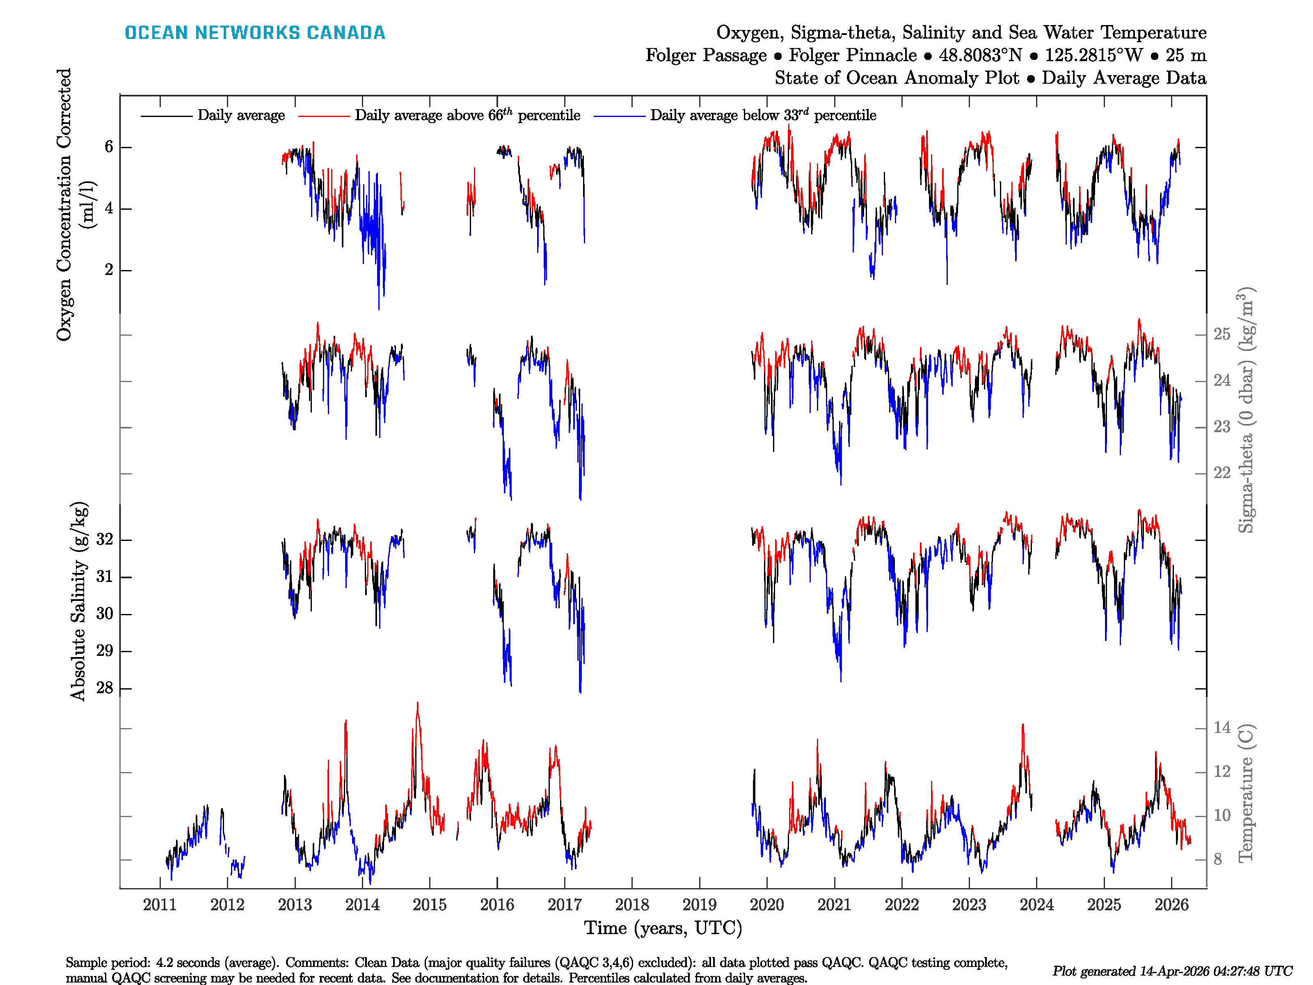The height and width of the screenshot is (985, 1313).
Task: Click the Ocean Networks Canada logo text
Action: click(x=255, y=33)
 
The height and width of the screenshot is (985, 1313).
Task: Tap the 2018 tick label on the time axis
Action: click(x=631, y=905)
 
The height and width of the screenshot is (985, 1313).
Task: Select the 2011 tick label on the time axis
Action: click(x=160, y=905)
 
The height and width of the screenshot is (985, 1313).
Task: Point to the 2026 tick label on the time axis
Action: click(x=1171, y=905)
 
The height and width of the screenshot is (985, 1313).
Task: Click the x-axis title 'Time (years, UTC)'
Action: click(x=663, y=928)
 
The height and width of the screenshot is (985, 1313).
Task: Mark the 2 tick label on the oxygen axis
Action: click(x=109, y=270)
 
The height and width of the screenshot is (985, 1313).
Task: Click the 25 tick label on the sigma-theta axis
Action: click(x=1222, y=334)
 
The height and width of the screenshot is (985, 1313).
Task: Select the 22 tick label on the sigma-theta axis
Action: click(x=1222, y=473)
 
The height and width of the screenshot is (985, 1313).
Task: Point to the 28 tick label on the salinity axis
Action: click(x=105, y=688)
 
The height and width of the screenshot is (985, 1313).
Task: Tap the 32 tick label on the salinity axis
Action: click(x=105, y=540)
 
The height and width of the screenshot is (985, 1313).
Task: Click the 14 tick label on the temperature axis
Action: click(x=1222, y=728)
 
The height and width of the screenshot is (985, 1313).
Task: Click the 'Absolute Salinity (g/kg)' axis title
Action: click(x=79, y=601)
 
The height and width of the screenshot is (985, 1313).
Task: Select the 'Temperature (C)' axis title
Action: click(x=1246, y=793)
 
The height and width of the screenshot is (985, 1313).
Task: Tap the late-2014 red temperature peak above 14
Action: click(x=417, y=704)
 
